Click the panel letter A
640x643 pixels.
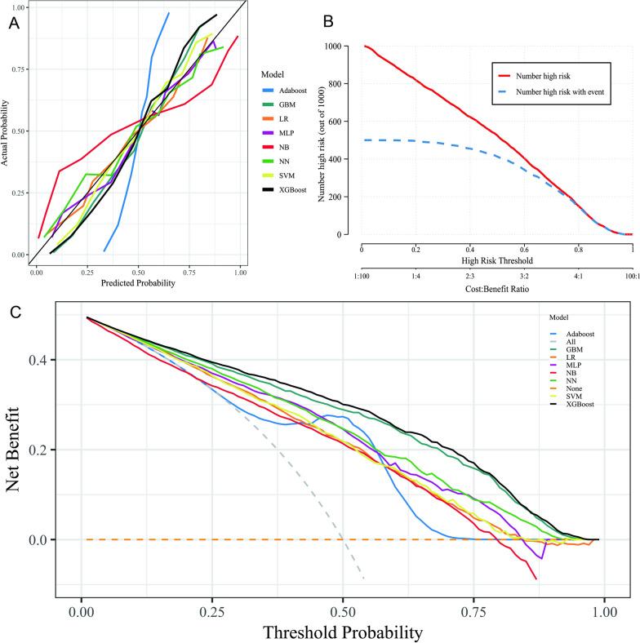pos(14,24)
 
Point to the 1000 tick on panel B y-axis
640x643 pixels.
pos(344,47)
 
